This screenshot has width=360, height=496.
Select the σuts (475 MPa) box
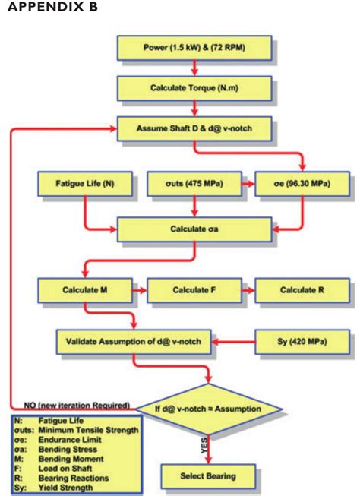(194, 183)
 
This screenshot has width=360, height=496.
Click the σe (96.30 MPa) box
(302, 183)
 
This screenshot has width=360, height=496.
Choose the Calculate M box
(85, 291)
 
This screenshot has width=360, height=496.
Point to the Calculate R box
(302, 291)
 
